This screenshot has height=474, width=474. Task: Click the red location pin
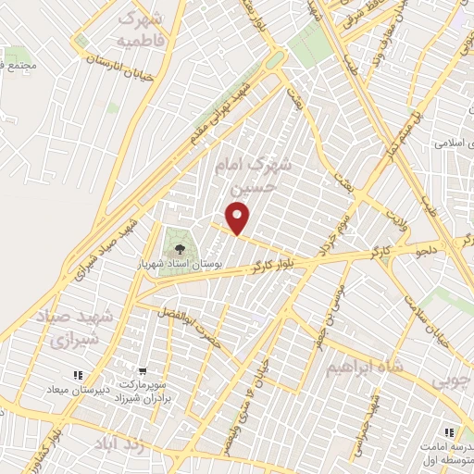pyautogui.click(x=239, y=218)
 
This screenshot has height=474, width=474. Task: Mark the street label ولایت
pyautogui.click(x=396, y=220)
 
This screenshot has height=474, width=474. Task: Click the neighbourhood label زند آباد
pyautogui.click(x=120, y=445)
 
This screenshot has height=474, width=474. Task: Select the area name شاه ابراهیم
pyautogui.click(x=365, y=368)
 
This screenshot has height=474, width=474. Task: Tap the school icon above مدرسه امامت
pyautogui.click(x=449, y=432)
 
